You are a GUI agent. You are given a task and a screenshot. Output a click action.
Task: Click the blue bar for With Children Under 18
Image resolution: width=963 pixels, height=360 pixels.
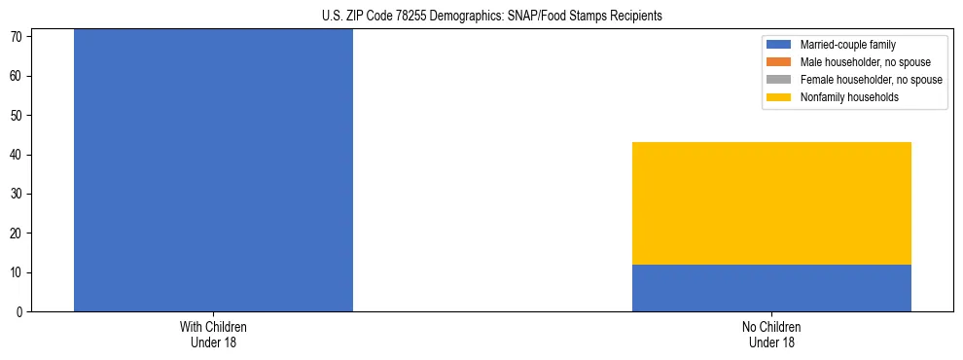tap(213, 170)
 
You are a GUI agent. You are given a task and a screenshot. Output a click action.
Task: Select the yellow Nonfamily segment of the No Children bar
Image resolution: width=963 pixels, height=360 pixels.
tap(771, 203)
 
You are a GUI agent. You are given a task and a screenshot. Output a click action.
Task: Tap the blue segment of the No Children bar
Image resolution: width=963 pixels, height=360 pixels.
tap(771, 288)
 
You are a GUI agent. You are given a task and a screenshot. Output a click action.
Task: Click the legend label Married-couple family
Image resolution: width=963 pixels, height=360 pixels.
tap(847, 45)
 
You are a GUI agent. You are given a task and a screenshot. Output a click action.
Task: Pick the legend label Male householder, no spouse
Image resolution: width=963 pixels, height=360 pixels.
tap(865, 62)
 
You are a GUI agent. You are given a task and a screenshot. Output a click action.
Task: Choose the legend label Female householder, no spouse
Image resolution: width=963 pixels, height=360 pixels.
tap(871, 80)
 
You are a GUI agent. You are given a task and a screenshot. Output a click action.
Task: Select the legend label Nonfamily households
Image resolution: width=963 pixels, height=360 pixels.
tap(849, 97)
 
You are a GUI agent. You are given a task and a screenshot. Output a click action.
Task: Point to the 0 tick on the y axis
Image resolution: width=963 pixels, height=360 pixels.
tap(19, 312)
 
